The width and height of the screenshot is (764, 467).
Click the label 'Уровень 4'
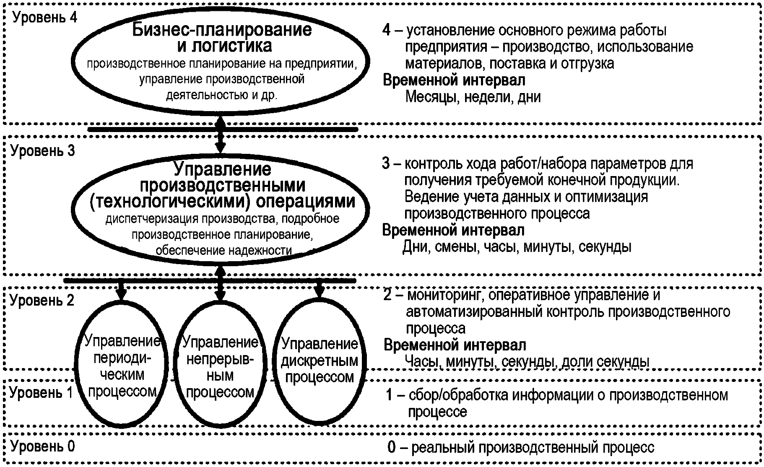click(45, 18)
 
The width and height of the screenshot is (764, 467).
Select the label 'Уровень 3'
click(43, 150)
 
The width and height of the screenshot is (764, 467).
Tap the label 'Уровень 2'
click(42, 300)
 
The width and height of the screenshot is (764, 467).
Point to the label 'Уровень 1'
click(41, 393)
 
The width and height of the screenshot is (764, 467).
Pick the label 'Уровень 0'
click(43, 446)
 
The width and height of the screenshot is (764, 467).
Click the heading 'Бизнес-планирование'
click(222, 30)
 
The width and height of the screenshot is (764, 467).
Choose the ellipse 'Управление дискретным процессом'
click(320, 361)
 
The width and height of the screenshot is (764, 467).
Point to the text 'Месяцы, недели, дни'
click(473, 97)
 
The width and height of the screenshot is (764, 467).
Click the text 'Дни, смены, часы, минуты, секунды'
click(517, 247)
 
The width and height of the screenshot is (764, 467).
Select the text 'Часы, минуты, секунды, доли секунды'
click(527, 361)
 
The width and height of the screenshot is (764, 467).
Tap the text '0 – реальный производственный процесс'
click(520, 448)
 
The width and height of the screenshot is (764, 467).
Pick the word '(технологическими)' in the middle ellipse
click(170, 202)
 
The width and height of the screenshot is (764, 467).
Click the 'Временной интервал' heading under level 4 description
click(454, 80)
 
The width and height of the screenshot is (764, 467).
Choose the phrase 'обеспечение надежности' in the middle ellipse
click(223, 251)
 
